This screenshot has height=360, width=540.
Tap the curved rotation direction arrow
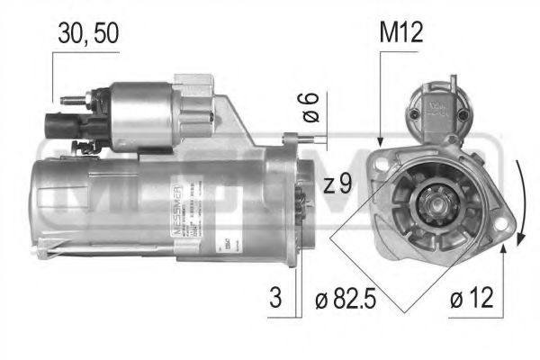click(x=520, y=202)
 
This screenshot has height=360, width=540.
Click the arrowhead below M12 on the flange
click(x=382, y=142)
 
